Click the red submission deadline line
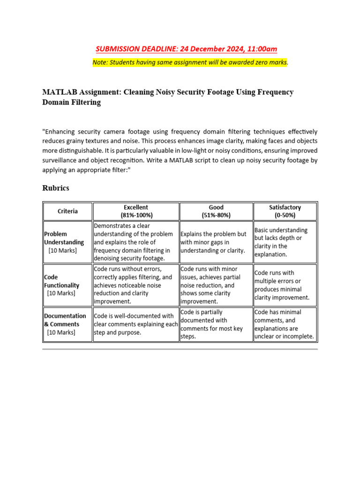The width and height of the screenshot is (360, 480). pyautogui.click(x=187, y=49)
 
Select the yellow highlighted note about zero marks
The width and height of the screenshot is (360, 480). pyautogui.click(x=190, y=62)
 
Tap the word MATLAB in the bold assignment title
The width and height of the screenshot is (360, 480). pyautogui.click(x=58, y=92)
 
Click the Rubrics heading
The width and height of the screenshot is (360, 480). pyautogui.click(x=56, y=188)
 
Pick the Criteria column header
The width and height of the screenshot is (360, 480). pyautogui.click(x=68, y=211)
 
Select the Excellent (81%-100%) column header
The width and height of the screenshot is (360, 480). pyautogui.click(x=136, y=211)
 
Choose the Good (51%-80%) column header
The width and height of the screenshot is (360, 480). pyautogui.click(x=216, y=211)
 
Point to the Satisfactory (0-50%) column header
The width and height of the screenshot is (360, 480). pyautogui.click(x=285, y=211)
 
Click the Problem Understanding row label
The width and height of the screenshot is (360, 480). pyautogui.click(x=64, y=242)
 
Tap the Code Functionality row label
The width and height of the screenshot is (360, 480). pyautogui.click(x=62, y=285)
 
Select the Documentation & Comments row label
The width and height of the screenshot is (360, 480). pyautogui.click(x=65, y=324)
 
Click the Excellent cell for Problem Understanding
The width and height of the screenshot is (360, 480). pyautogui.click(x=135, y=242)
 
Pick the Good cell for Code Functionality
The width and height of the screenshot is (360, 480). pyautogui.click(x=216, y=285)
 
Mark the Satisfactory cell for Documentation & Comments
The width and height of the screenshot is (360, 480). pyautogui.click(x=285, y=324)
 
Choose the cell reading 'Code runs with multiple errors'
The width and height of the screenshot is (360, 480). pyautogui.click(x=285, y=285)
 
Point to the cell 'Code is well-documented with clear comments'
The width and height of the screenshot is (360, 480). pyautogui.click(x=135, y=324)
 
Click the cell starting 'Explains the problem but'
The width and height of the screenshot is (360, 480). pyautogui.click(x=216, y=242)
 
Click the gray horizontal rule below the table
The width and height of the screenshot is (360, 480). pyautogui.click(x=180, y=349)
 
